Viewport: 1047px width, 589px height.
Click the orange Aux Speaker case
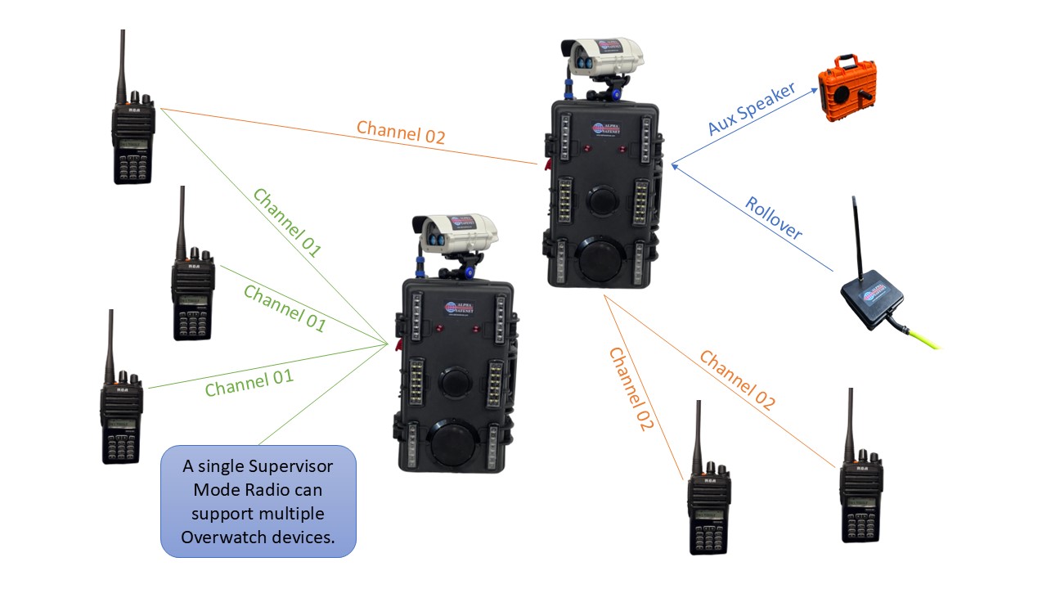847,92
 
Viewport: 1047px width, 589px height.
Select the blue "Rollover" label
773,218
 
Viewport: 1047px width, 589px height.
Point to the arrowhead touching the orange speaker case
816,90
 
